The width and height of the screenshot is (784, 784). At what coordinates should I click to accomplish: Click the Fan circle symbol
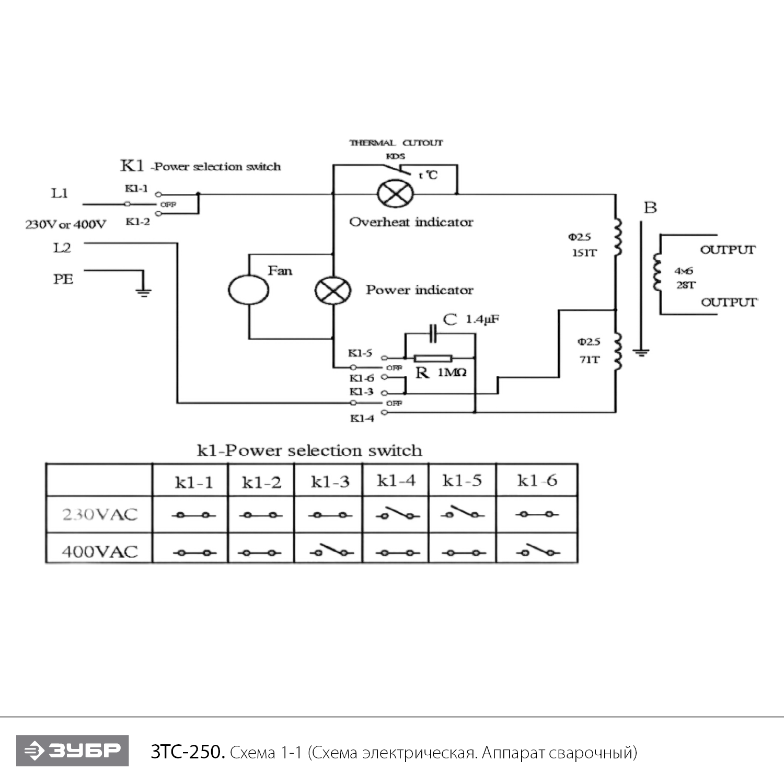248,289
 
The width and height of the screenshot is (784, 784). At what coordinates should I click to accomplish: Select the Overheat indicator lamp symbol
395,194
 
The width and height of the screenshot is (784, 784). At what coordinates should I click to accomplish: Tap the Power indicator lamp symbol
332,290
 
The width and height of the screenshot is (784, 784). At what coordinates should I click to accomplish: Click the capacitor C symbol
433,333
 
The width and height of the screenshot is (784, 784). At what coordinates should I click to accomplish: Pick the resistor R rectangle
433,358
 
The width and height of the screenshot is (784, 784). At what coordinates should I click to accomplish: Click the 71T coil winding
618,351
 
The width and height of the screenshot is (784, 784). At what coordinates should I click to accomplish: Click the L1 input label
60,193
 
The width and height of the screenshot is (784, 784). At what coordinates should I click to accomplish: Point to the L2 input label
62,248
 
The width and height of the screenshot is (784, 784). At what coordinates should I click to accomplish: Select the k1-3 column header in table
330,481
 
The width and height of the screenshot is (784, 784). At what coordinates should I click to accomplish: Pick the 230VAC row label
100,515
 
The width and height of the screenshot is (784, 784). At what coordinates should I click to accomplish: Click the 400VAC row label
100,551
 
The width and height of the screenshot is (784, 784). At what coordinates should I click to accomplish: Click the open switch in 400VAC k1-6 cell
537,551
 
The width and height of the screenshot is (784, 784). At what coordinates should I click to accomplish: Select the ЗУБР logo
72,751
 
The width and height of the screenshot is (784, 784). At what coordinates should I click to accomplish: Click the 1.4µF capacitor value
482,319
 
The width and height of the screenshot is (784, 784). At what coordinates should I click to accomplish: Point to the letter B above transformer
650,207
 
